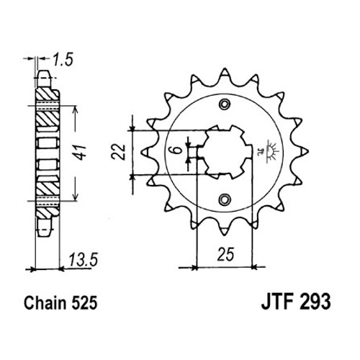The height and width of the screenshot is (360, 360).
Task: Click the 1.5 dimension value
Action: [x=63, y=60]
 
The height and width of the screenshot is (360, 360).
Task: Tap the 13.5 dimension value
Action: [x=84, y=260]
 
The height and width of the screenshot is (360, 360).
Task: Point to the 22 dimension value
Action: [x=119, y=152]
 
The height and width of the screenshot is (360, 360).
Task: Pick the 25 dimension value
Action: [x=225, y=254]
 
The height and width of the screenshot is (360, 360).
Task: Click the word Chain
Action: [x=45, y=302]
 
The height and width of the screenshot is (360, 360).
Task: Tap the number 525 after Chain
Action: [x=84, y=302]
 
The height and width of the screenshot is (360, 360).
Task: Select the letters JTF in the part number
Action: [x=279, y=302]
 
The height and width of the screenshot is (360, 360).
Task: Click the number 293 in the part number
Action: [x=315, y=302]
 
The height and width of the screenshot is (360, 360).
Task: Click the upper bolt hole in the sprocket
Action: [x=225, y=104]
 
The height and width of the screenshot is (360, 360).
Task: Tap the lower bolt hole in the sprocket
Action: [x=225, y=199]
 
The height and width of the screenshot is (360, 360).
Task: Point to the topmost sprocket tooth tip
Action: [x=225, y=69]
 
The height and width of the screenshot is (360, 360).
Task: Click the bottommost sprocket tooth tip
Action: [x=225, y=234]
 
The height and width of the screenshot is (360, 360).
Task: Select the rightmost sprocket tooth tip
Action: [x=307, y=151]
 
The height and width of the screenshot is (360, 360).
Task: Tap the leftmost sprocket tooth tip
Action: [x=141, y=152]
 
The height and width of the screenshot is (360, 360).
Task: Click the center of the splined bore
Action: [x=225, y=152]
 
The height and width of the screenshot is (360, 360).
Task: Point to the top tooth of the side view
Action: [x=44, y=79]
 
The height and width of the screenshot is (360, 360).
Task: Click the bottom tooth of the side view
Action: [x=45, y=227]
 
